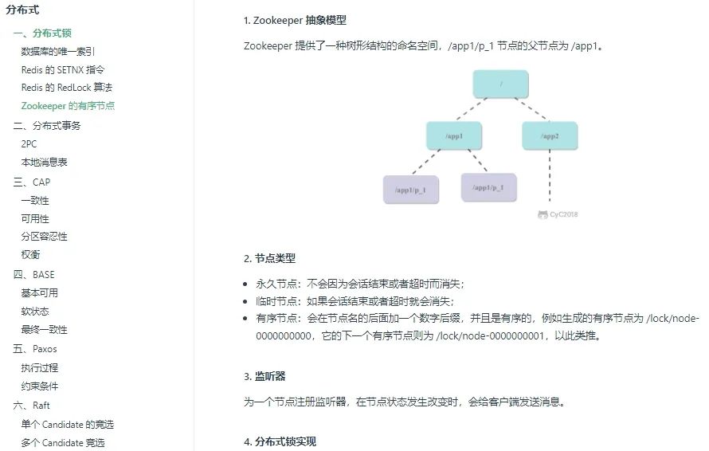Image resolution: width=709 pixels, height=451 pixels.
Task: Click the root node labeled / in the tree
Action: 500,84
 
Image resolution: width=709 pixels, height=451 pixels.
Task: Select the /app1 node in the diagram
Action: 454,136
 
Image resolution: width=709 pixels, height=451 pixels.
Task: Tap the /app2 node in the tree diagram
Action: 550,136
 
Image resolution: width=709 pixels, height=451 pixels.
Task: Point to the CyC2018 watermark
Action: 558,214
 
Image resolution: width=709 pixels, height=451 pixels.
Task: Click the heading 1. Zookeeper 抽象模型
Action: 295,21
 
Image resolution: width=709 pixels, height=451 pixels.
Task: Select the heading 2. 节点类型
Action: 269,258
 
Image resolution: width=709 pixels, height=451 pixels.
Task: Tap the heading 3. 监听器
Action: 264,376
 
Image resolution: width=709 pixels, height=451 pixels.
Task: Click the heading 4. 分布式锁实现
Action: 280,441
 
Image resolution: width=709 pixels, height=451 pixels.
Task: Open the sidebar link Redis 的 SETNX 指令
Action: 63,69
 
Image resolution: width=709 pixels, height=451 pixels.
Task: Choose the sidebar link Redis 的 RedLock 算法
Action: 67,87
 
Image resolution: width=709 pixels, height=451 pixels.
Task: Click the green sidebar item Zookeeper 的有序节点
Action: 68,105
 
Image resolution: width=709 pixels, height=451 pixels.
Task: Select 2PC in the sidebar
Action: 29,144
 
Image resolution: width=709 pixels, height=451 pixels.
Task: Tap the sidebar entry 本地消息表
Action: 44,163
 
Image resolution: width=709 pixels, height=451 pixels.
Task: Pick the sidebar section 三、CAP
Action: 32,182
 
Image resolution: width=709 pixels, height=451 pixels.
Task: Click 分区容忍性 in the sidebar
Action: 44,237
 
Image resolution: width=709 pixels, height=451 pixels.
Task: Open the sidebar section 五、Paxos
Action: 35,349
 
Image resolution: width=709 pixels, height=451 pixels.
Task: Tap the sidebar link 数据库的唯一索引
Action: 58,51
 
